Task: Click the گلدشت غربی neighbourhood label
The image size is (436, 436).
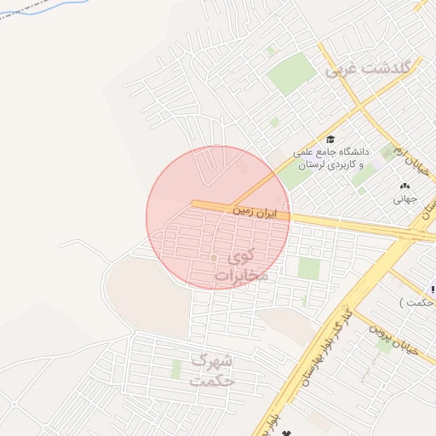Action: (370, 69)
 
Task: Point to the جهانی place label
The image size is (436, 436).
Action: (404, 199)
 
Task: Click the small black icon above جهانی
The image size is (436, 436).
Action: (404, 186)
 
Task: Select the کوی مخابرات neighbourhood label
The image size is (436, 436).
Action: (241, 265)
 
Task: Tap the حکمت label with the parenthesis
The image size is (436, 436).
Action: (417, 302)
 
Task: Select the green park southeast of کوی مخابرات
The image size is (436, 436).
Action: (308, 268)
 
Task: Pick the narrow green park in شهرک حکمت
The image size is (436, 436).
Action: (176, 369)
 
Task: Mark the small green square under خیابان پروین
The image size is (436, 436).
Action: (385, 347)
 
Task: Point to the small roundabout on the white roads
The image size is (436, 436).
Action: (215, 256)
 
